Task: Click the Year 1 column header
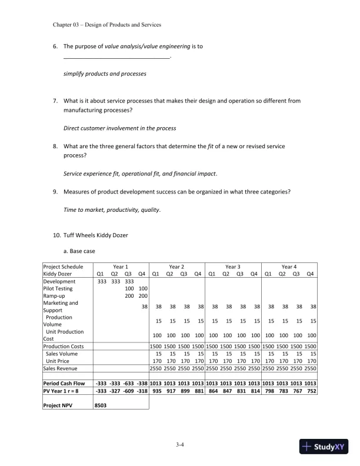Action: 121,266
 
